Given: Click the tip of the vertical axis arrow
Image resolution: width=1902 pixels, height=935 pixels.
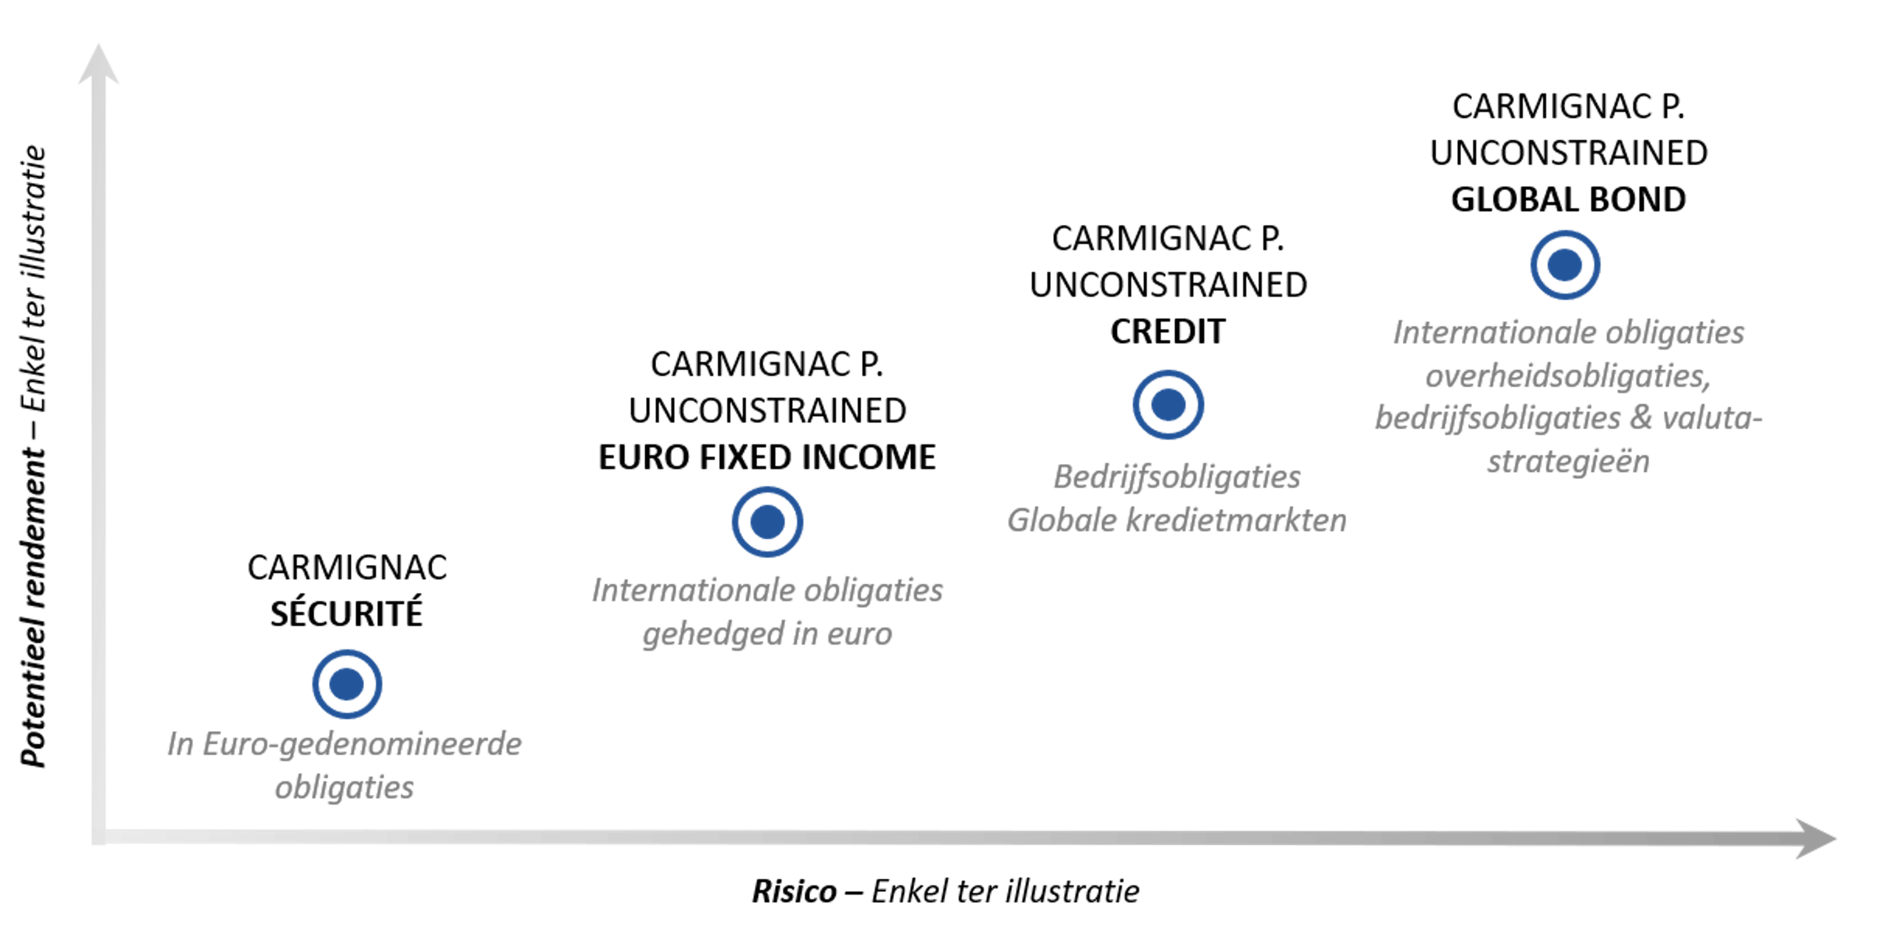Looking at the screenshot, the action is pos(98,44).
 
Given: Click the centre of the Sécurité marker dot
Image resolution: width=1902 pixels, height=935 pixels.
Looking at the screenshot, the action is pos(346,684).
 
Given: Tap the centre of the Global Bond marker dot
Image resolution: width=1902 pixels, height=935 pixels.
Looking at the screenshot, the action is pos(1565,265).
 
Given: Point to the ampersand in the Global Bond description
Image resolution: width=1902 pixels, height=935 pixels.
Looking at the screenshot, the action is pos(1640,418).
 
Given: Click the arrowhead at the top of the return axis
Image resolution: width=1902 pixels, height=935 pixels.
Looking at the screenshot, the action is pos(98,63).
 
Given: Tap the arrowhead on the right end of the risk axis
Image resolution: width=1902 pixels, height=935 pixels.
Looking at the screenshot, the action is pos(1816,837).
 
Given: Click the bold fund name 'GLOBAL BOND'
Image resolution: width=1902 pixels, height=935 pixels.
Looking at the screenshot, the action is pos(1568,199).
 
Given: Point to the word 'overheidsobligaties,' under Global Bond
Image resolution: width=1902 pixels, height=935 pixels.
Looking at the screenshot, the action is pos(1568,376).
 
